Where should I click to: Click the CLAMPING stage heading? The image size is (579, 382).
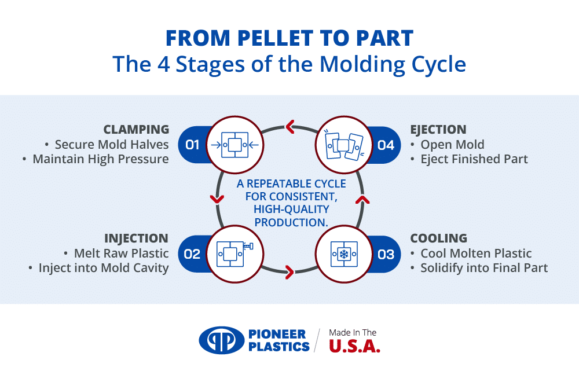point(136,130)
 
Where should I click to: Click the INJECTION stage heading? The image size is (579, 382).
point(136,238)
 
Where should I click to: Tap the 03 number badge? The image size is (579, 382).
point(386,254)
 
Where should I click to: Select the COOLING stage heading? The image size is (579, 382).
point(438,238)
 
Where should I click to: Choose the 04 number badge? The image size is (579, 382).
point(386,145)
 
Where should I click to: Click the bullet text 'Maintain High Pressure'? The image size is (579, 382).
point(101,159)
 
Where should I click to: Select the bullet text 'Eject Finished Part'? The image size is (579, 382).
point(474,159)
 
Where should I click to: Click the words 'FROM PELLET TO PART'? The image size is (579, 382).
point(289,38)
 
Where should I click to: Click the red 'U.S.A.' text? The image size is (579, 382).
point(354,346)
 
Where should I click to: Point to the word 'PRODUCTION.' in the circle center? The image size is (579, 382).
point(291,222)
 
